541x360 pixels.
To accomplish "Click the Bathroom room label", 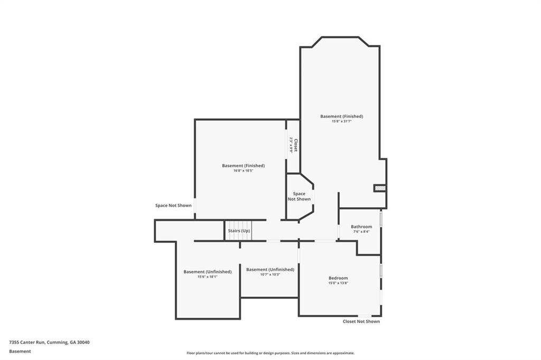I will point(361,226).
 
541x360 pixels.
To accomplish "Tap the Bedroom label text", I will point(338,278).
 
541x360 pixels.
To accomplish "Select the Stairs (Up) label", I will point(239,231).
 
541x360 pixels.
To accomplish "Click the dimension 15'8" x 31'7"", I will point(341,121).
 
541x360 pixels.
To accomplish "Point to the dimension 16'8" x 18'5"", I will point(243,170).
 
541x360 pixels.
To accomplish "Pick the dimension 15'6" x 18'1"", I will point(207,277).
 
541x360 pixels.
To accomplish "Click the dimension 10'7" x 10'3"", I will point(270,274).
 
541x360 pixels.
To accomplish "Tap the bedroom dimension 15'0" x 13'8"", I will point(338,283).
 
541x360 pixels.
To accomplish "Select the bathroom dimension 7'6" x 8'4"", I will point(361,231).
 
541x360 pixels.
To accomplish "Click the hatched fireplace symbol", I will point(380,188).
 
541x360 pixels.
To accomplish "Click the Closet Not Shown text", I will point(361,321).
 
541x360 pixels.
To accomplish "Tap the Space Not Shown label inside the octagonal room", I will point(299,196).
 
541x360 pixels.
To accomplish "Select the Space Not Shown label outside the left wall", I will point(173,205).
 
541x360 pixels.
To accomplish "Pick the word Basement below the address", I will point(20,351).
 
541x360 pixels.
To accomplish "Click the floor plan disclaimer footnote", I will point(270,353).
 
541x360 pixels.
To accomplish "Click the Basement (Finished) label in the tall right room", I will point(341,116).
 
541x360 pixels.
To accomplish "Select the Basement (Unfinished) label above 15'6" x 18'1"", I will point(207,272).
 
